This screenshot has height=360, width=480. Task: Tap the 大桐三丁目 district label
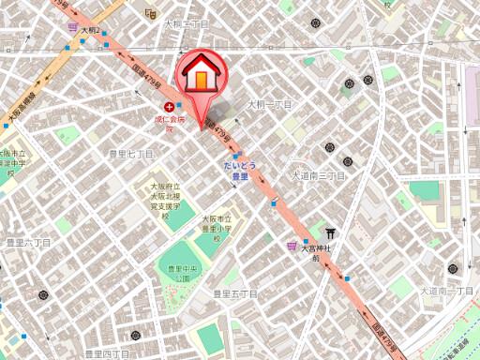[x=187, y=24]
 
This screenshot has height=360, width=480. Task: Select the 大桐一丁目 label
[x=269, y=105]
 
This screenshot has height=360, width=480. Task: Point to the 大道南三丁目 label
[x=318, y=175]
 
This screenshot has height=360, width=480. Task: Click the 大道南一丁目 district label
[x=446, y=292]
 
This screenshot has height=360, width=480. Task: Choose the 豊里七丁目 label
[x=131, y=153]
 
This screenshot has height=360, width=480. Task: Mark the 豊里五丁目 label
[x=234, y=293]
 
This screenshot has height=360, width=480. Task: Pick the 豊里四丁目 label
[x=106, y=353]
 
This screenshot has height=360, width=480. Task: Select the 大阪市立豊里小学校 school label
[x=216, y=229]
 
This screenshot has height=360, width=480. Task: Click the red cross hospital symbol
[x=169, y=107]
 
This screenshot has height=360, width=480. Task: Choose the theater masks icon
[x=151, y=13]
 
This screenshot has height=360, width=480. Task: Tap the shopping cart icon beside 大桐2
[x=72, y=30]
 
